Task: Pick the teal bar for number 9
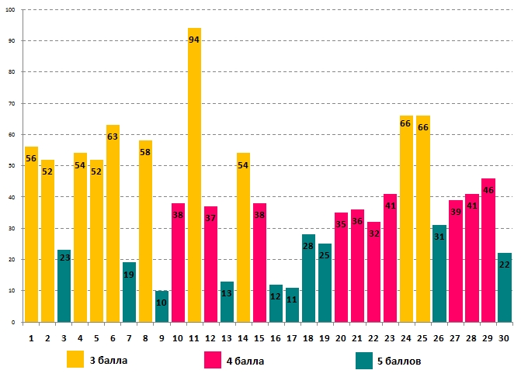point(162,306)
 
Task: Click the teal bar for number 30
point(504,287)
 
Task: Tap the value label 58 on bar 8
point(145,152)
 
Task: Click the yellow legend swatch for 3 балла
point(75,359)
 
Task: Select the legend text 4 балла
point(245,360)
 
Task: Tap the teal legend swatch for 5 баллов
point(364,360)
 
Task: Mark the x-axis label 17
point(292,338)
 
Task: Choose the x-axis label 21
point(357,338)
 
